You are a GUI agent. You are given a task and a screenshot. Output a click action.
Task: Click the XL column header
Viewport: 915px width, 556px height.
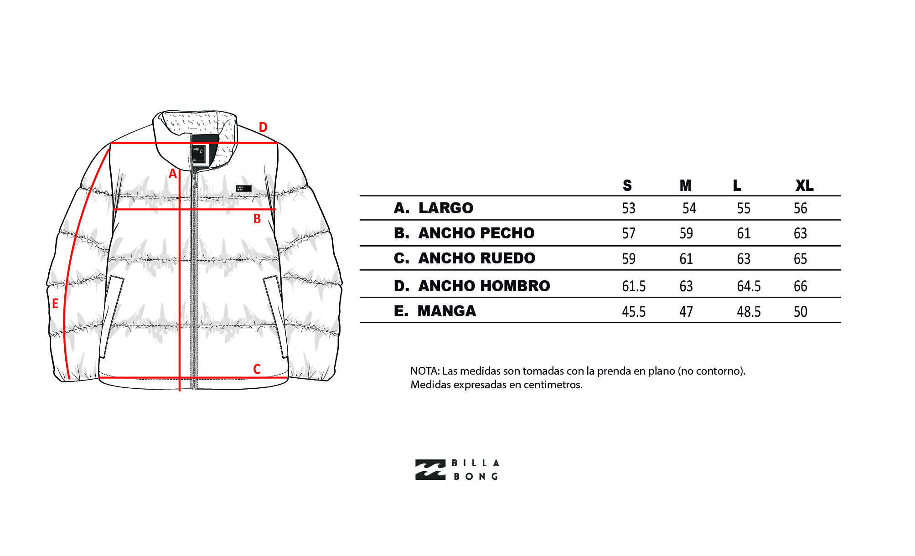point(804,185)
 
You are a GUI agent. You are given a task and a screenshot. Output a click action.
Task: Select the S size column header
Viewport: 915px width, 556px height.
point(627,185)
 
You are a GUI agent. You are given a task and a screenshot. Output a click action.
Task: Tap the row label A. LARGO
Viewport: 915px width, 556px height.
point(434,208)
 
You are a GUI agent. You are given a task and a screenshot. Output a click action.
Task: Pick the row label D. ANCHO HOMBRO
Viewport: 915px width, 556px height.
point(472,286)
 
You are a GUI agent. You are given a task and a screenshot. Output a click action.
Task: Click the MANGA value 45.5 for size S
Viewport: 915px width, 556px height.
point(634,312)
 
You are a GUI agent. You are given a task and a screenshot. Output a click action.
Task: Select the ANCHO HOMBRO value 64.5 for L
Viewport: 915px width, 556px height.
point(749,286)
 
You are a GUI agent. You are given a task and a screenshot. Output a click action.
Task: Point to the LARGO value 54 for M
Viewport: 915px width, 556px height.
point(689,208)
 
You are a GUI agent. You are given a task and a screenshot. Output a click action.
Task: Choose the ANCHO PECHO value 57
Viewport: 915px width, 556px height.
point(629,233)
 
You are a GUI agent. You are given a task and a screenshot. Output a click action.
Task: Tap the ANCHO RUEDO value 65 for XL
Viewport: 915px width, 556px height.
point(800,259)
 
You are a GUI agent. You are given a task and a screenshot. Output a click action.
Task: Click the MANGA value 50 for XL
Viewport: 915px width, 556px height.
point(800,312)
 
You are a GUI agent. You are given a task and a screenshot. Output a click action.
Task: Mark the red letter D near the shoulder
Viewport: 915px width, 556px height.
point(263,127)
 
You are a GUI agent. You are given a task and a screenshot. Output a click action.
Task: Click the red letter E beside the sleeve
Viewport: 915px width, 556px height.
point(55,304)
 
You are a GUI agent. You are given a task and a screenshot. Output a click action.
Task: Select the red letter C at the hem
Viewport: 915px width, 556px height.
point(257,369)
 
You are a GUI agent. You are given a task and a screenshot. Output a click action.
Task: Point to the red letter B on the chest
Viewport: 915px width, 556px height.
point(257,219)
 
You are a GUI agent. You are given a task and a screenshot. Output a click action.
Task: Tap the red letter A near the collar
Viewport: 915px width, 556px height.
point(172,174)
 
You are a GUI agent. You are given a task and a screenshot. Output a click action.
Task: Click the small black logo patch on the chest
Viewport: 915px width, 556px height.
point(243,188)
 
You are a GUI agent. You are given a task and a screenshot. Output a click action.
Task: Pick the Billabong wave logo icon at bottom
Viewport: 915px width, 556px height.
point(430,470)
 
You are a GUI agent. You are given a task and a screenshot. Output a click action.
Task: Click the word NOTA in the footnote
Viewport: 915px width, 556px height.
point(424,371)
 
